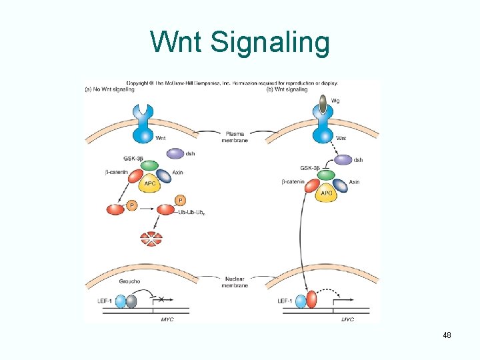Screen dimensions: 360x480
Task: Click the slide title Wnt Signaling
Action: (240, 43)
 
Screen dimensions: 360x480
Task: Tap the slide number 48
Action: (447, 335)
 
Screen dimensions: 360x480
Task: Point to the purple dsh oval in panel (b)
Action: (343, 160)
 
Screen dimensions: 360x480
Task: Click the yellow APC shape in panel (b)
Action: (327, 193)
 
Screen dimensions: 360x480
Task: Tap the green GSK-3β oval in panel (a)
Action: (151, 165)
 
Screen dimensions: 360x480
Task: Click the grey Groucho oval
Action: (131, 301)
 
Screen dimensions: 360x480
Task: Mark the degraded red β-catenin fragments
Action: (151, 238)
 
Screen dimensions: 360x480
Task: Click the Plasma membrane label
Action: (235, 137)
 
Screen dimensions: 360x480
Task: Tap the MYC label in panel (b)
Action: (347, 319)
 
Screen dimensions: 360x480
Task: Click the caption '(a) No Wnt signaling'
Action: (111, 89)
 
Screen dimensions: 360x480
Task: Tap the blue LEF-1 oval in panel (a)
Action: (120, 301)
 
